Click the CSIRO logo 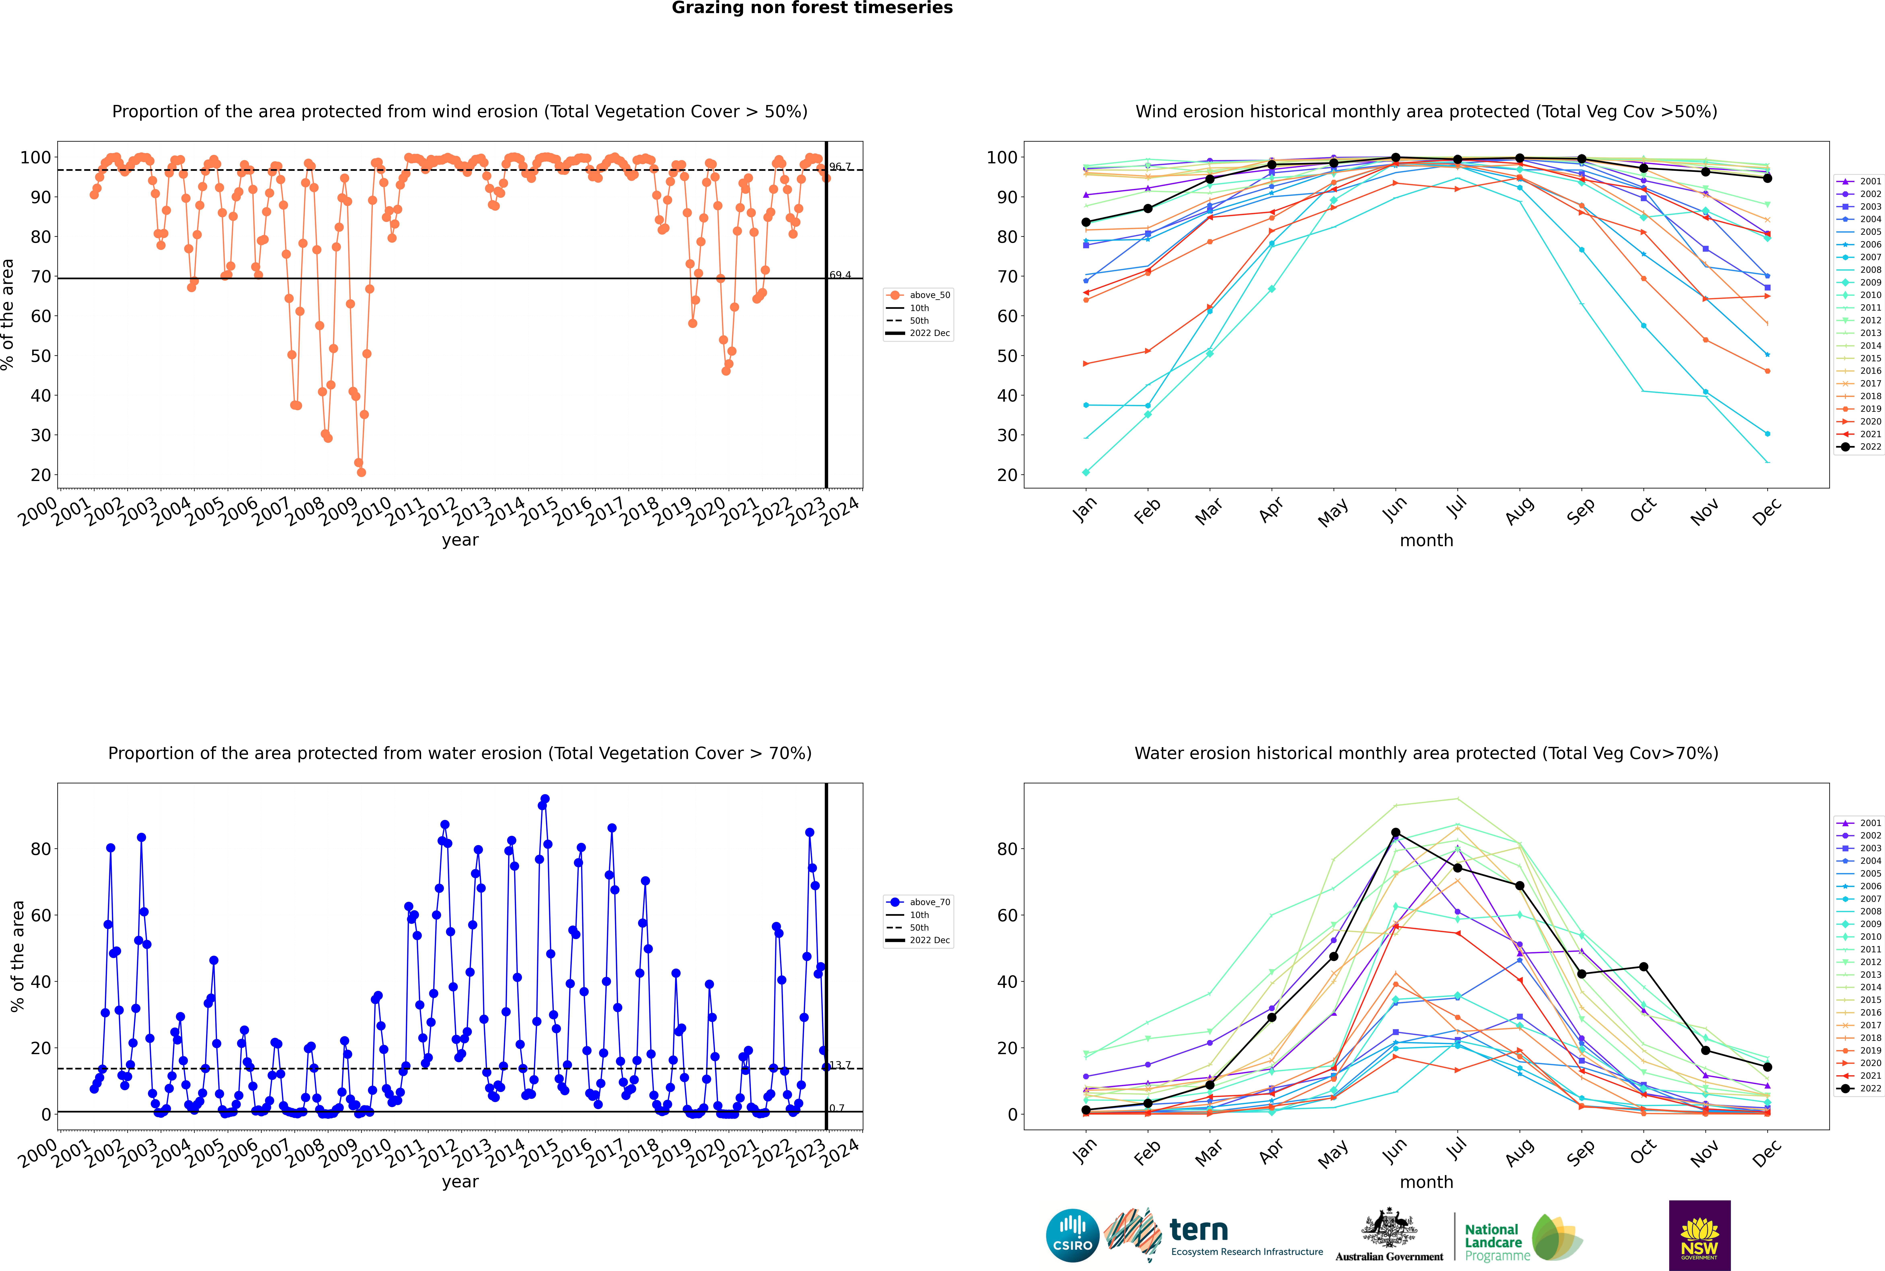[1072, 1235]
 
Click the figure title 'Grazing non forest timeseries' [812, 8]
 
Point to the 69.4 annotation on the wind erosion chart [840, 275]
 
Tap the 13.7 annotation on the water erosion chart [840, 1064]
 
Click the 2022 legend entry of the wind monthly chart [1860, 447]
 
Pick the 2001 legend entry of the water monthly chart [1860, 823]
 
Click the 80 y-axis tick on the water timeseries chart [40, 849]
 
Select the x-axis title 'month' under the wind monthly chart [1426, 541]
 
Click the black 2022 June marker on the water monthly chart [1395, 832]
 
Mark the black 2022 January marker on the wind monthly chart [1086, 222]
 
